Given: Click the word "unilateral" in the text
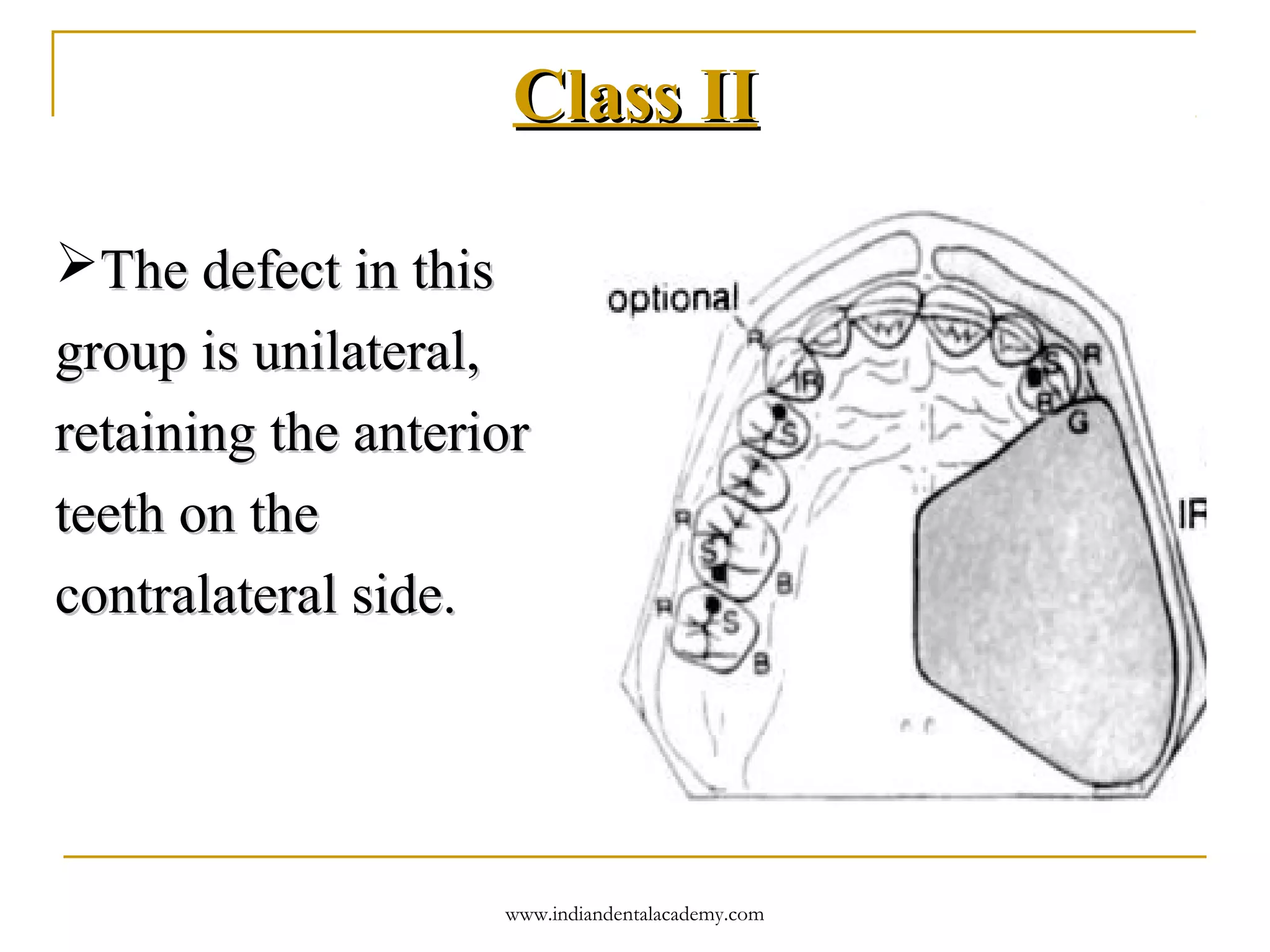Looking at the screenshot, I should (366, 352).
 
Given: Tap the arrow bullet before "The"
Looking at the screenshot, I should (76, 263).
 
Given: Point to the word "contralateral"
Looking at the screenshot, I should (196, 595).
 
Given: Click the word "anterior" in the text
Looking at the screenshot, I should (441, 433).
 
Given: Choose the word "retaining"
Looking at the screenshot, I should (155, 433).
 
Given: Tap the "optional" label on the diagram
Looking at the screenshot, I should (673, 299).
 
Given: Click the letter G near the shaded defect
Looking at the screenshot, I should (1078, 423).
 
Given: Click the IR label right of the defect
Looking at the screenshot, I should (1192, 514).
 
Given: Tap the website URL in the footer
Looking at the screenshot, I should (634, 914).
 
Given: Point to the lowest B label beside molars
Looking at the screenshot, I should (762, 664).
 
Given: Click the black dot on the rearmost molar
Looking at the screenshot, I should (713, 604).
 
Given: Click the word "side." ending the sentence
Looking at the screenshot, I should (404, 595).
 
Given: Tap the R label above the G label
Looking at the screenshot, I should (1092, 355).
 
